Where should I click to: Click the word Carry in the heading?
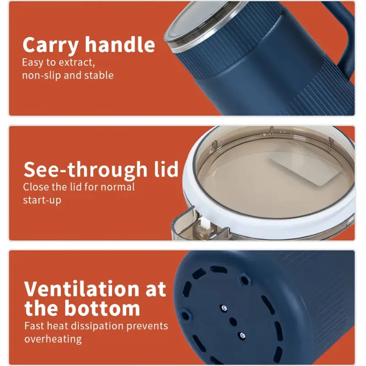pos(50,45)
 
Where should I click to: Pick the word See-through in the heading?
pos(86,170)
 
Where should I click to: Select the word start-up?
pos(42,200)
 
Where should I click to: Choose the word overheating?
pos(53,339)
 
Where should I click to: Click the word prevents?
pos(147,326)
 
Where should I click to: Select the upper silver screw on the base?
pos(224,308)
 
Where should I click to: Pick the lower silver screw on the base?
pos(242,336)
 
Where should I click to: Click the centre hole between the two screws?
pos(233,322)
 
